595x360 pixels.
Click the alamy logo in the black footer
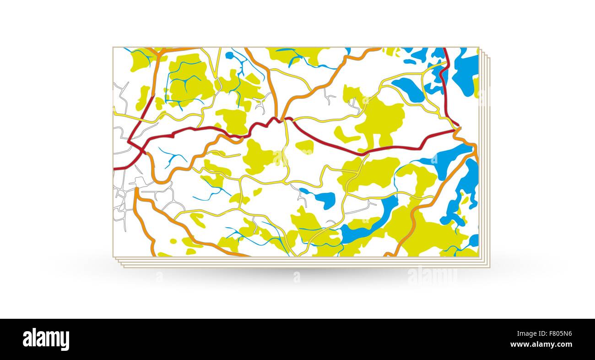click(x=46, y=339)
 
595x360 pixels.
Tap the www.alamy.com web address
click(x=543, y=344)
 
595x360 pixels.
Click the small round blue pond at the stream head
click(x=229, y=55)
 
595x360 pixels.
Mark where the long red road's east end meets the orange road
click(x=456, y=130)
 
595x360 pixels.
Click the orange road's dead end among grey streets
click(x=136, y=189)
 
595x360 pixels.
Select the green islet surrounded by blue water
click(x=465, y=201)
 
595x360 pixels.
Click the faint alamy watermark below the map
click(x=432, y=275)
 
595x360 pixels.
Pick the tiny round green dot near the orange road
click(x=173, y=240)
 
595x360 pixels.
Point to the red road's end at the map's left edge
click(x=114, y=169)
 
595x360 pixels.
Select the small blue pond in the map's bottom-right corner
click(x=473, y=240)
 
